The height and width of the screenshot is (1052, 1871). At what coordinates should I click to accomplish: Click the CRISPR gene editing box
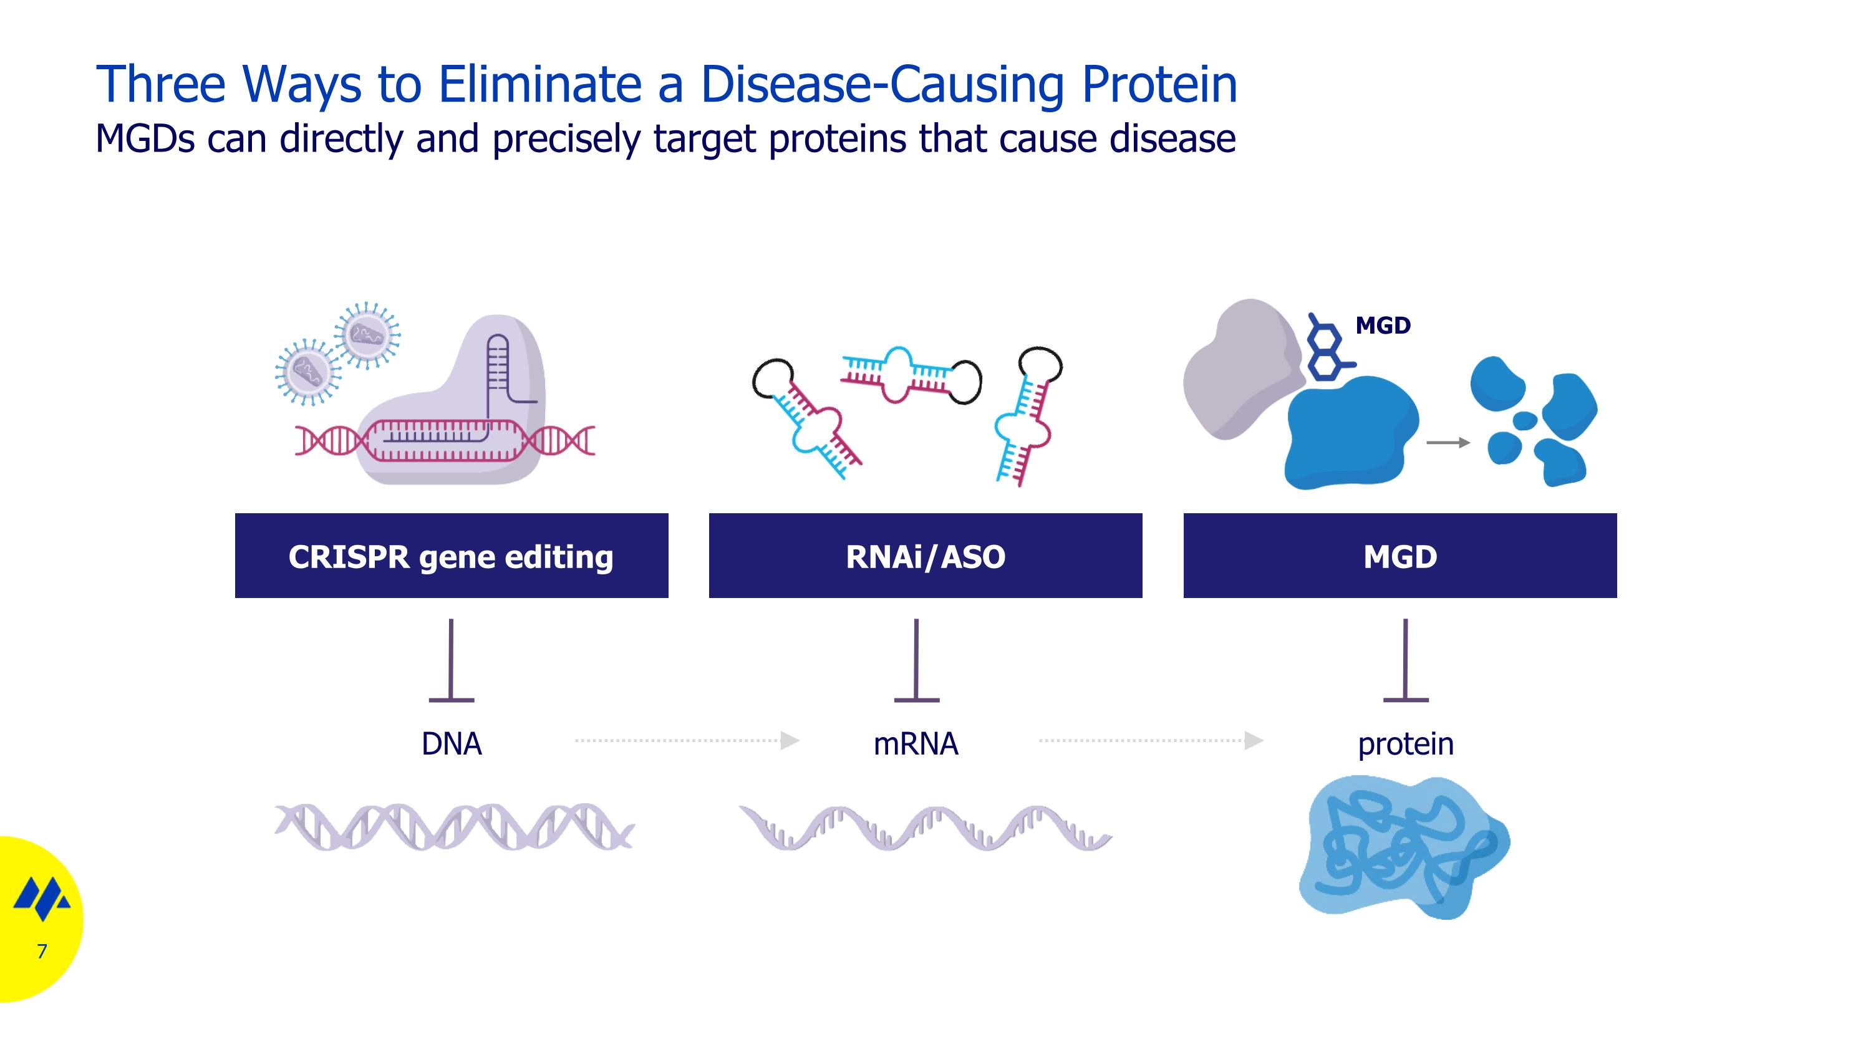pyautogui.click(x=451, y=556)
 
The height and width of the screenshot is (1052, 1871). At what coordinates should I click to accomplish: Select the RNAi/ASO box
pyautogui.click(x=925, y=556)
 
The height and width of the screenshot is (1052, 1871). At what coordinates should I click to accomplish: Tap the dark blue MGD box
pyautogui.click(x=1400, y=556)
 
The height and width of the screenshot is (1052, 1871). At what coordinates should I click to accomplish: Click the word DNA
pyautogui.click(x=451, y=743)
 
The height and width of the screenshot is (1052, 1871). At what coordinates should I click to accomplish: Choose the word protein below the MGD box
pyautogui.click(x=1405, y=743)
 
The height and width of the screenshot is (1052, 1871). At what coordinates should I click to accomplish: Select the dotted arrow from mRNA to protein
pyautogui.click(x=1151, y=741)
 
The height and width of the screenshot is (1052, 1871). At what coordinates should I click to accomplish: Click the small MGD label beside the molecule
pyautogui.click(x=1383, y=326)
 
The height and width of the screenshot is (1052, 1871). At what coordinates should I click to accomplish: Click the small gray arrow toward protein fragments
pyautogui.click(x=1448, y=442)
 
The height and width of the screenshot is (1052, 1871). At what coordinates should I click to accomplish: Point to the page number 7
pyautogui.click(x=42, y=951)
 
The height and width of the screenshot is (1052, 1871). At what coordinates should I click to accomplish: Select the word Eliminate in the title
pyautogui.click(x=539, y=84)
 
